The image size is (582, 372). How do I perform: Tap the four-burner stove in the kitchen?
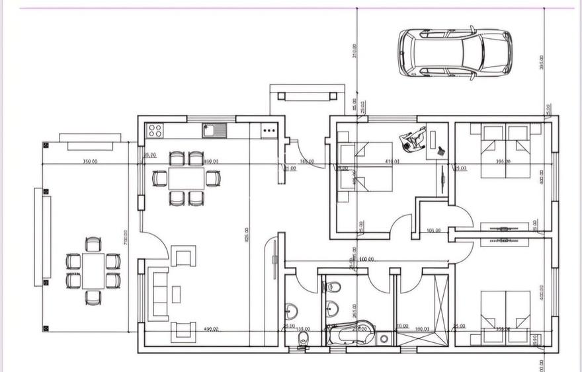pos(155,130)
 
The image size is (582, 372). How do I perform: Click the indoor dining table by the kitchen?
pos(186,178)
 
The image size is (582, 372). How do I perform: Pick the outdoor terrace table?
pos(93,270)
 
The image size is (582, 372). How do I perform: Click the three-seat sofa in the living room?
pos(159,293)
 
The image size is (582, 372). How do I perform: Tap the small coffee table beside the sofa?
pos(177,293)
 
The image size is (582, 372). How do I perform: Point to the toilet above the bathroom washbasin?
pos(333,287)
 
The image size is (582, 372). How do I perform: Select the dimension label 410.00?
pos(393,161)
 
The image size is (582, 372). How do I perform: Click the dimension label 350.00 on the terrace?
pos(91,161)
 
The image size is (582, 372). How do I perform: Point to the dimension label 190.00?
pos(422,327)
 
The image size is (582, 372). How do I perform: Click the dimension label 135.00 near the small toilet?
pos(303,328)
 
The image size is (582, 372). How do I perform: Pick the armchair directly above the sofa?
pos(183,254)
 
